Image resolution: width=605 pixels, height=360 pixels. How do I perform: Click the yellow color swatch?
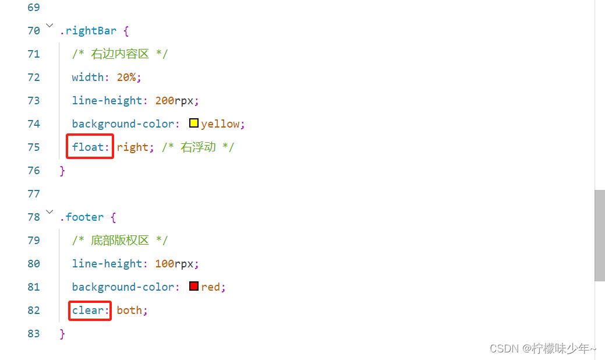coord(194,123)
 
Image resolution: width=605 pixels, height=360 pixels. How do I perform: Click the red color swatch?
coord(194,287)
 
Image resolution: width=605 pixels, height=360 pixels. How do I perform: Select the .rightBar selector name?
coord(88,30)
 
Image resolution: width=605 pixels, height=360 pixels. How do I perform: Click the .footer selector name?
coord(82,217)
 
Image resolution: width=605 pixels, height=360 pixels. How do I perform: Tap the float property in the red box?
coord(90,147)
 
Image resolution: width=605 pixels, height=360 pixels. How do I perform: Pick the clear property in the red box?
coord(90,310)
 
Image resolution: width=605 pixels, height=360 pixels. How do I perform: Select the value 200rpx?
coord(176,100)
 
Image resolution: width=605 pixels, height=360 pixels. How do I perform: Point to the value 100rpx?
coord(176,263)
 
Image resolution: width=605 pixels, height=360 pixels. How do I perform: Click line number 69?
coord(34,7)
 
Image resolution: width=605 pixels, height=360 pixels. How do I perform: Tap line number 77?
coord(34,193)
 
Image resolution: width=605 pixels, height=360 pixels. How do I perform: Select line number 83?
coord(34,333)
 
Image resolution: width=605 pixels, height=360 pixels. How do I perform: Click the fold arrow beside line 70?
coord(49,26)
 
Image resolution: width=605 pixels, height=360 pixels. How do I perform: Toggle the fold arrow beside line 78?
coord(49,213)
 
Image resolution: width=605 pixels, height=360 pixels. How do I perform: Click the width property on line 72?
coord(87,77)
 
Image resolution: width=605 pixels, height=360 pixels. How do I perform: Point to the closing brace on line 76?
coord(63,170)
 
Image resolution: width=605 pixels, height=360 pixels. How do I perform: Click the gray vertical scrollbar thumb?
coord(599,235)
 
